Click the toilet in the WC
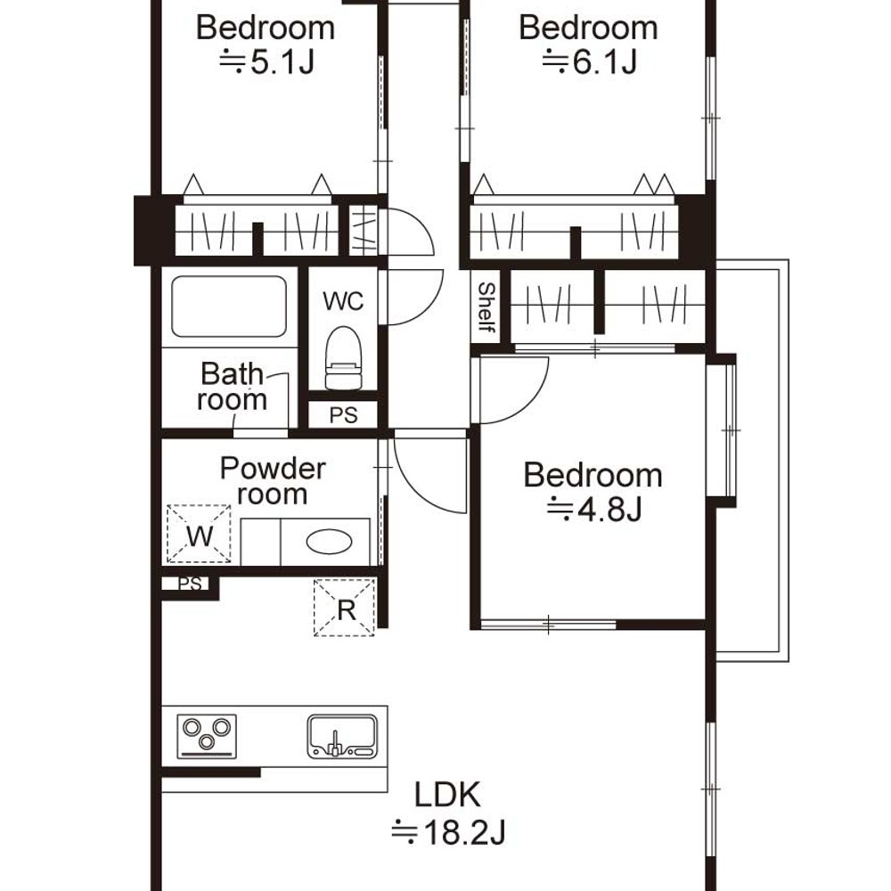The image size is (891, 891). tap(343, 358)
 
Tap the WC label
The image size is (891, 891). tap(343, 300)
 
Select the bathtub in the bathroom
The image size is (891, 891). tap(229, 307)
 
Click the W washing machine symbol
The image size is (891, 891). tap(199, 534)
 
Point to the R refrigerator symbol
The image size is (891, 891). tap(344, 608)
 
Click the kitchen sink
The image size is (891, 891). tap(342, 737)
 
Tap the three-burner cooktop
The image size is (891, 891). tap(207, 736)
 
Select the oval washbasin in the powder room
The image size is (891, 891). tap(329, 542)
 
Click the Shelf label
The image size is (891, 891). tap(486, 307)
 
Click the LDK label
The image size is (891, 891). tap(447, 795)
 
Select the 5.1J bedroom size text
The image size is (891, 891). tap(266, 61)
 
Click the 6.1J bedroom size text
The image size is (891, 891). tap(589, 61)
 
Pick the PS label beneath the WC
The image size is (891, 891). tap(343, 415)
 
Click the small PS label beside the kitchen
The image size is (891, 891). tap(190, 584)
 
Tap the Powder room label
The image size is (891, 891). tap(273, 481)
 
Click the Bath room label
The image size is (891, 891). tap(233, 387)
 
